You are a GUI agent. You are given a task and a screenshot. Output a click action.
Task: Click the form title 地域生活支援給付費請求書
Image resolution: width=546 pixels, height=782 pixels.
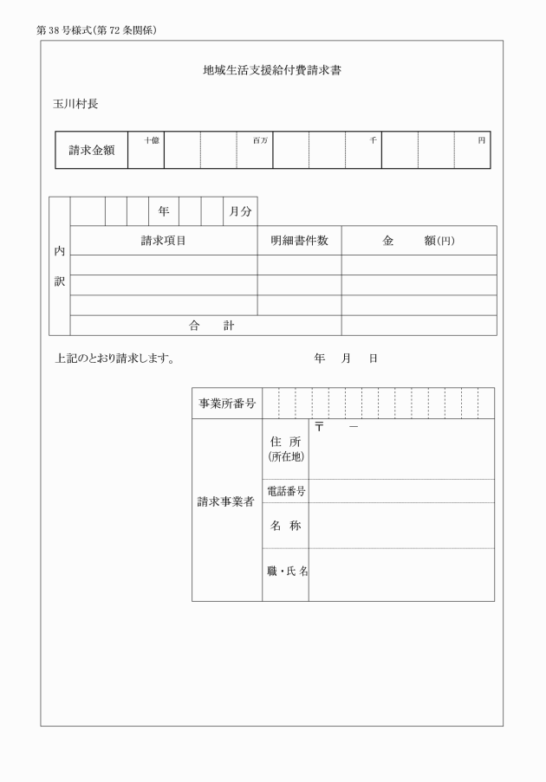272,69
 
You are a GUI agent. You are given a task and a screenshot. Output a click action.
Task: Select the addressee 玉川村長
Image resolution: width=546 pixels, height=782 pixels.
75,104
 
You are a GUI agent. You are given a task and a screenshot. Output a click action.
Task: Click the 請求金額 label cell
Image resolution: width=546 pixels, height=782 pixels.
92,151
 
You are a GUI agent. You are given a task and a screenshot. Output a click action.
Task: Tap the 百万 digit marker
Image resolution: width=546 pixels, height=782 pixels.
260,139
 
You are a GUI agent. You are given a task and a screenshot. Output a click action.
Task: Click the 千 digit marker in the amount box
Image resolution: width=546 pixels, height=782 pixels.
373,139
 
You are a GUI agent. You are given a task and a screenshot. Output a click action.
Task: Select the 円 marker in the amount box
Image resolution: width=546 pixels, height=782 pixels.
482,139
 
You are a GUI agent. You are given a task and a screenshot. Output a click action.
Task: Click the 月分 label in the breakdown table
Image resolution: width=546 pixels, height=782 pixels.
240,210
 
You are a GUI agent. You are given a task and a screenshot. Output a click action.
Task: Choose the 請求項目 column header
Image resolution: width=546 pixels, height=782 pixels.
164,241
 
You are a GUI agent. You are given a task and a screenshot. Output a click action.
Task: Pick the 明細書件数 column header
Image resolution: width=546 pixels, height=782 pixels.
299,241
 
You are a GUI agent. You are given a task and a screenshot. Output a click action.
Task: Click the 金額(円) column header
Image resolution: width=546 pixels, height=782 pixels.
419,241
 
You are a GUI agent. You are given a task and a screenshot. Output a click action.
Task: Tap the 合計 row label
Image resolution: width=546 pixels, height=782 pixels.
211,326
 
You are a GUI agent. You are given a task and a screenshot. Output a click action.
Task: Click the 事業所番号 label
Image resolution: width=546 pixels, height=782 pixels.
227,404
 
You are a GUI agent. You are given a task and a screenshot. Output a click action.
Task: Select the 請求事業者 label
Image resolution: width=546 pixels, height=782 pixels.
226,501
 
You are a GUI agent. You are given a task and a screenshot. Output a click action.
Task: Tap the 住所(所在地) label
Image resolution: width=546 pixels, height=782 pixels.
285,449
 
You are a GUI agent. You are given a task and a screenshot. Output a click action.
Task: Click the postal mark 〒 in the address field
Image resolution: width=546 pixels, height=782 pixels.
319,427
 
